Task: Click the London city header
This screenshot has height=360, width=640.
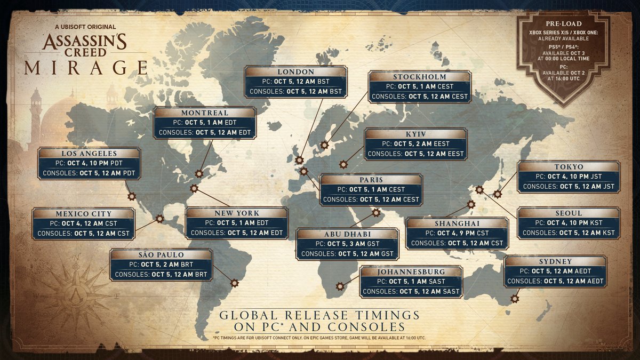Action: (296, 71)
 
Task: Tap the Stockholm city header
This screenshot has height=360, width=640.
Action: (419, 77)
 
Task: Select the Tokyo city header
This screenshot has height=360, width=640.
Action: (569, 166)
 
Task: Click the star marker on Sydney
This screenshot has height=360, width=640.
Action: (515, 299)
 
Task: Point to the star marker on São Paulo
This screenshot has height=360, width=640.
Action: (234, 283)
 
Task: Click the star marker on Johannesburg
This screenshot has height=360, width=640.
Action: (340, 286)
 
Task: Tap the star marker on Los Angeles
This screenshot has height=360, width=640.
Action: (131, 196)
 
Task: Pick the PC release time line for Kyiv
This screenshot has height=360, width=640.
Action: (415, 143)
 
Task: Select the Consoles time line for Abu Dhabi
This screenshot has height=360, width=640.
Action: (347, 254)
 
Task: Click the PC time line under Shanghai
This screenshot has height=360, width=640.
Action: (457, 233)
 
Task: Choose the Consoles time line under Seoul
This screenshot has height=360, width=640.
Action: (569, 233)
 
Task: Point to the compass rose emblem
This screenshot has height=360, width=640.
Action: (75, 287)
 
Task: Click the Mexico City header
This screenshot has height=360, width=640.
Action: (83, 213)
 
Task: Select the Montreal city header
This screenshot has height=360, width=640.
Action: (204, 113)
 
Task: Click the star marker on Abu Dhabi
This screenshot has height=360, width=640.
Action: (377, 212)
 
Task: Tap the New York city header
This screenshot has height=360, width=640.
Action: (236, 212)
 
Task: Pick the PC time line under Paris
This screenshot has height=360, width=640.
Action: (371, 189)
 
